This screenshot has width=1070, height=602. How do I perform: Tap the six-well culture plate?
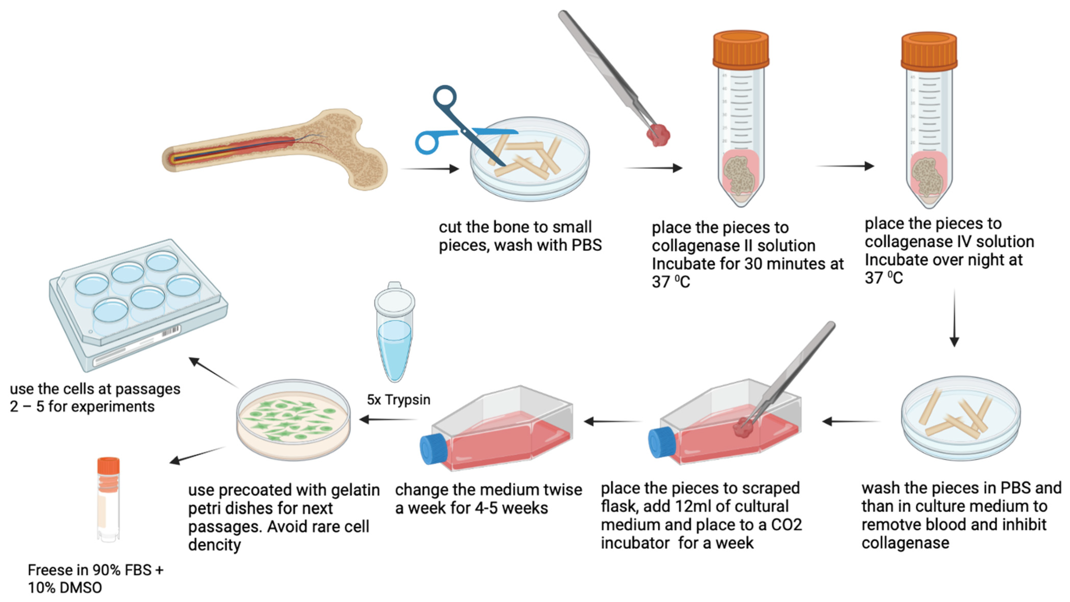[137, 303]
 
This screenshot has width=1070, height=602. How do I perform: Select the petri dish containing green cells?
[293, 419]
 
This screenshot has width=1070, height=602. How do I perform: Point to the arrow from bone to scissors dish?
[430, 168]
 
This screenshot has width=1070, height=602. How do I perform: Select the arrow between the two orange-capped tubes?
[845, 166]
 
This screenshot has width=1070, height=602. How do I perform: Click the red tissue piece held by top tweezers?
[658, 135]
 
